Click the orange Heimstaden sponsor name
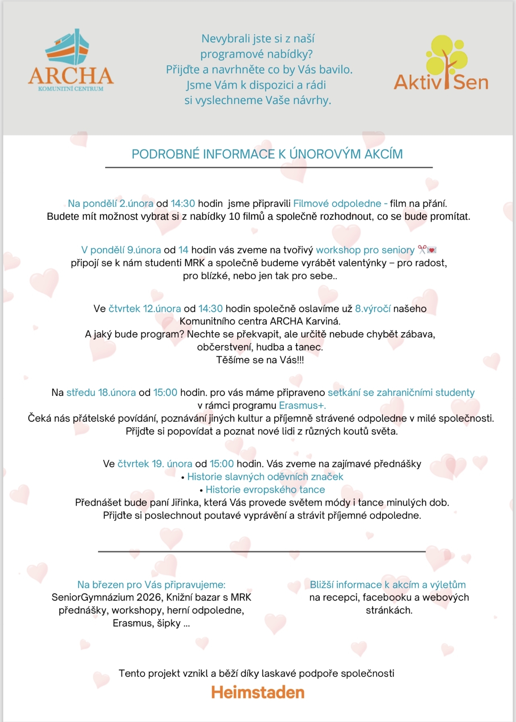click(258, 693)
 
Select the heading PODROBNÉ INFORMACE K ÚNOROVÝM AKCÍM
click(267, 154)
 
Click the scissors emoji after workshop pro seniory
click(422, 250)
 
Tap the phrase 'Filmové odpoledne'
click(337, 204)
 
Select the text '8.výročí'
click(372, 309)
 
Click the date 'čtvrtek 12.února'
click(145, 309)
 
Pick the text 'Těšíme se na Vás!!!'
click(260, 360)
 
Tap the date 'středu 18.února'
click(101, 393)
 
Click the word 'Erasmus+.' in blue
click(302, 406)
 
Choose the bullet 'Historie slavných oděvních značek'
click(265, 477)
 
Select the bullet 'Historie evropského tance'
click(265, 490)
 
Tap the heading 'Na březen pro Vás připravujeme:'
click(151, 585)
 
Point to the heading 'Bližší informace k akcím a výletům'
click(387, 585)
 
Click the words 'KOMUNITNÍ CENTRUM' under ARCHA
click(71, 89)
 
